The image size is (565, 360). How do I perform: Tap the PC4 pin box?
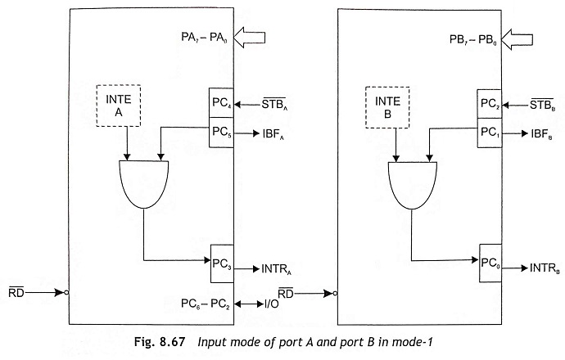tap(221, 102)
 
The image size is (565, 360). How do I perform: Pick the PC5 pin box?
tap(221, 132)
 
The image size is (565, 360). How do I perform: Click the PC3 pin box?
tap(222, 263)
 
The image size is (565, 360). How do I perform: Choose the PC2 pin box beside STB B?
tap(490, 104)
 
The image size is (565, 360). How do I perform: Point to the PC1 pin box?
tap(490, 133)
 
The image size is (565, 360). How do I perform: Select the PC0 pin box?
tap(490, 263)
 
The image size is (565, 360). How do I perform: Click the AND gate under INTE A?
tap(144, 184)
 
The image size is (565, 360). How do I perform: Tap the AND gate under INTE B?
tap(413, 186)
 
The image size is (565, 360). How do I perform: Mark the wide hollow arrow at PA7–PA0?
tap(250, 38)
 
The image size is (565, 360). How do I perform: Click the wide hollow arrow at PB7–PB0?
tap(517, 39)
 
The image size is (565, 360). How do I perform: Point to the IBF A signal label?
tap(273, 134)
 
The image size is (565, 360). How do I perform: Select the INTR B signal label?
tap(545, 268)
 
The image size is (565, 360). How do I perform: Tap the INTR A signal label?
tap(276, 269)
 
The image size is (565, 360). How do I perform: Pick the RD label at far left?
tap(16, 293)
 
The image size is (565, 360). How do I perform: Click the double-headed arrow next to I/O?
tap(249, 304)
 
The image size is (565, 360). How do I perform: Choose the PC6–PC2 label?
tap(206, 304)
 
